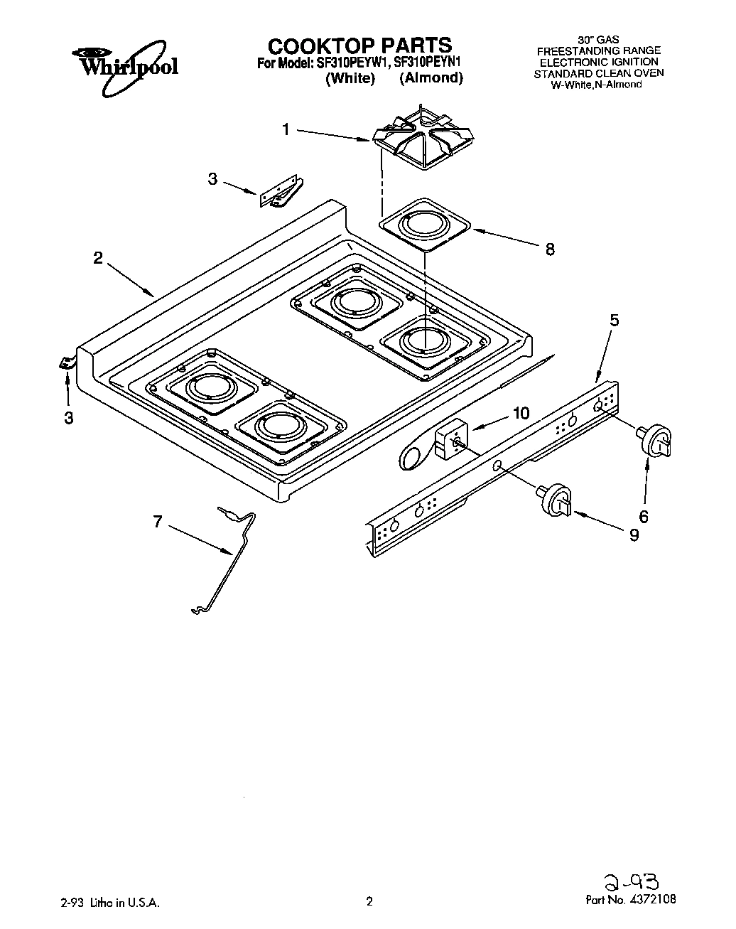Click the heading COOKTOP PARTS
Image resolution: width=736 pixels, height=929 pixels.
click(x=359, y=45)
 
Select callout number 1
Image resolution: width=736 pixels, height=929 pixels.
click(x=286, y=129)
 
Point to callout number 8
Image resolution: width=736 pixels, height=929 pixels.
click(x=550, y=249)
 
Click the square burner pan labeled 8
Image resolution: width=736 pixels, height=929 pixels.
click(x=424, y=226)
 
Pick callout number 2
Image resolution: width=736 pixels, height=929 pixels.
click(x=98, y=258)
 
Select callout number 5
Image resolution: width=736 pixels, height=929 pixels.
click(x=614, y=320)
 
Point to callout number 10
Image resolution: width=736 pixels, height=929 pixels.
click(x=521, y=413)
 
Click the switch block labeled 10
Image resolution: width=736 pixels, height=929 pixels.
click(x=449, y=440)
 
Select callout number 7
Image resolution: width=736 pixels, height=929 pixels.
click(x=157, y=522)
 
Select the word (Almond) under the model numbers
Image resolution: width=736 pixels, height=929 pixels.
click(x=431, y=78)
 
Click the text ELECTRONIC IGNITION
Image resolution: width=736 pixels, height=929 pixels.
click(x=598, y=62)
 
